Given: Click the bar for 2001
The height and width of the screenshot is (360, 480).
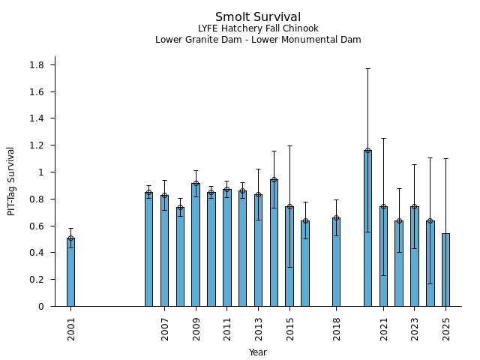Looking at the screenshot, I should [70, 272].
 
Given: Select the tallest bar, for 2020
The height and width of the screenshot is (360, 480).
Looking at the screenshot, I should [367, 228].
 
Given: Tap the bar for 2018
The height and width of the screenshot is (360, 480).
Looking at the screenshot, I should [336, 262].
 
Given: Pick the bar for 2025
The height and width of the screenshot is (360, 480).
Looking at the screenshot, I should [445, 270].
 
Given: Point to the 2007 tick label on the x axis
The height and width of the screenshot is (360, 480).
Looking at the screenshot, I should [164, 328].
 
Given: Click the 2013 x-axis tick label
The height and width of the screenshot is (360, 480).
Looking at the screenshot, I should [258, 328].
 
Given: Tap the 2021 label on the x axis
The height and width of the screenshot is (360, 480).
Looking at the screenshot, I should [383, 328].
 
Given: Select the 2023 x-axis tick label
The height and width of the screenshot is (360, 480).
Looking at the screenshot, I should [415, 328].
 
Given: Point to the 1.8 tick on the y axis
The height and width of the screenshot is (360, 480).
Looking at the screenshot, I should [37, 65].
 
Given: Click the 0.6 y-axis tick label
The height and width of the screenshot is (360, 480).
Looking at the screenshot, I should [37, 226].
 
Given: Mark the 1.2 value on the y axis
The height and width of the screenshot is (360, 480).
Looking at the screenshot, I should [37, 145].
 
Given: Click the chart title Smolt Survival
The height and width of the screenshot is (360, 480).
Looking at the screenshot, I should [258, 17].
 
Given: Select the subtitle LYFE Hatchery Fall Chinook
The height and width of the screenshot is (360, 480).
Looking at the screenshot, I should [258, 28].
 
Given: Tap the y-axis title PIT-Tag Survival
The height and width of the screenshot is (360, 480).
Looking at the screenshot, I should [11, 181].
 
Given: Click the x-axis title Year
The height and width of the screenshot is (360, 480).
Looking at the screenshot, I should [258, 352].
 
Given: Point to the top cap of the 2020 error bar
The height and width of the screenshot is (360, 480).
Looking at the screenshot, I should [367, 68].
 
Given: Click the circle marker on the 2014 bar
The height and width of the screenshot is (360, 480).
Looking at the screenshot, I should [274, 180].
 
